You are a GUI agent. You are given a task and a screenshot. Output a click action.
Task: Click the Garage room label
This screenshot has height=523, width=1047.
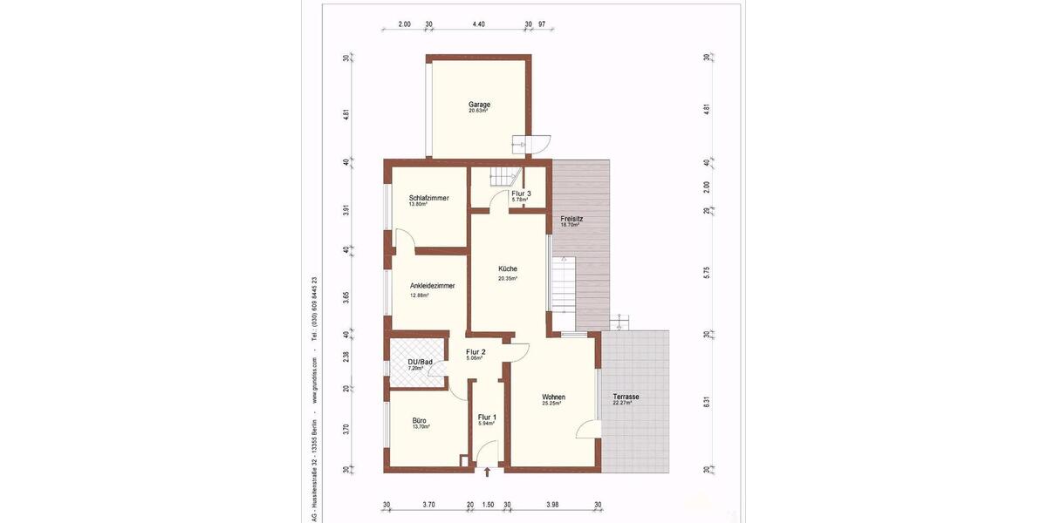(x=479, y=105)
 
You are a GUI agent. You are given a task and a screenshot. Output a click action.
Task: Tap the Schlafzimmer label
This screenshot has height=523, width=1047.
(x=428, y=198)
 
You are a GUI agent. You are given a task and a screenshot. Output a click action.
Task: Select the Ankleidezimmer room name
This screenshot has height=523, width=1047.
(x=432, y=285)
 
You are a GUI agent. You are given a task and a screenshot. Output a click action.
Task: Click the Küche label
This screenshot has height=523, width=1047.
(x=508, y=268)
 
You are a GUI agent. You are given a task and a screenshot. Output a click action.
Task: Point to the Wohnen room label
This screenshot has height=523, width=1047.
(x=553, y=397)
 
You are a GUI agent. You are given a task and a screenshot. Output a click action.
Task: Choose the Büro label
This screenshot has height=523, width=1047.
(x=420, y=420)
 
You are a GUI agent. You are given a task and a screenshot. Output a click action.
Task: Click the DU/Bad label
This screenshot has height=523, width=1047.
(x=421, y=362)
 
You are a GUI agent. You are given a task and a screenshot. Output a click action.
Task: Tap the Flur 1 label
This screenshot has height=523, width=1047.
(x=487, y=417)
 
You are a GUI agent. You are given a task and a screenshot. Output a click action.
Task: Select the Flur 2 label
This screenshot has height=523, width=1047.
(x=476, y=352)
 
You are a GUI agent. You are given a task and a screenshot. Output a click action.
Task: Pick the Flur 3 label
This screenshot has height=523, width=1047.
(x=521, y=193)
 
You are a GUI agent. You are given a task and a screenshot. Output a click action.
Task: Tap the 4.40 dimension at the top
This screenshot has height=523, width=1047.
(x=478, y=25)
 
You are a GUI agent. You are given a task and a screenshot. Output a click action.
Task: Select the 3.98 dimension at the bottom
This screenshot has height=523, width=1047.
(x=552, y=504)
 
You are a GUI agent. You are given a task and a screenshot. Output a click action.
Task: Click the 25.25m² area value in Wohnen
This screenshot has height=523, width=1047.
(x=550, y=404)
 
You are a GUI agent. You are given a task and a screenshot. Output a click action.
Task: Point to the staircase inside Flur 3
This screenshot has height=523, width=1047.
(x=503, y=176)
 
